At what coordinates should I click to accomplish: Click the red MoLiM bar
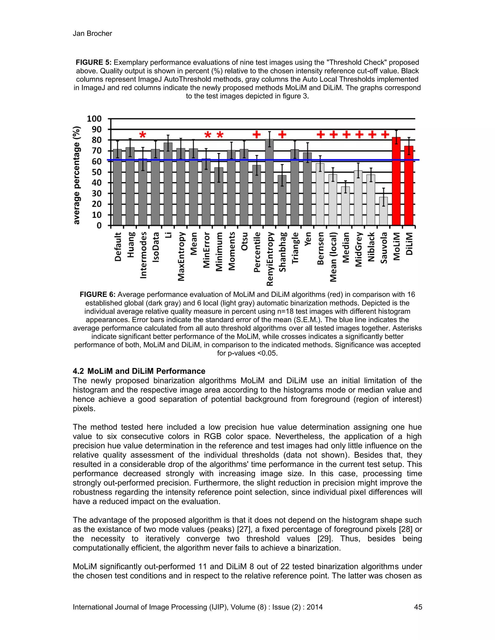click(x=396, y=182)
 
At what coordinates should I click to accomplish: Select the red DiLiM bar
click(x=409, y=186)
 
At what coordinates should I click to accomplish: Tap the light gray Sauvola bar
click(x=383, y=211)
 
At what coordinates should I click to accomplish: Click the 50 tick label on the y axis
click(x=96, y=172)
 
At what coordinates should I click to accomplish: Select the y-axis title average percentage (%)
click(x=77, y=175)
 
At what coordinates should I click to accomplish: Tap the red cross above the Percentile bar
click(x=257, y=135)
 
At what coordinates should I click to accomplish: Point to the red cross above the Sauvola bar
click(x=385, y=135)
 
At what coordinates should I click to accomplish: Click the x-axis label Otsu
click(x=244, y=242)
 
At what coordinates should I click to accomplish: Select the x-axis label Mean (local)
click(x=333, y=257)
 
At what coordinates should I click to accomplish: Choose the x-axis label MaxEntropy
click(x=181, y=256)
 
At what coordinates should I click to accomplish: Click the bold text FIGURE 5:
click(x=93, y=62)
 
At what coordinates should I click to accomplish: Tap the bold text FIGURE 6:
click(x=97, y=294)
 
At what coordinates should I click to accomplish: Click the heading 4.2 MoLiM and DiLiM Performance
click(x=139, y=371)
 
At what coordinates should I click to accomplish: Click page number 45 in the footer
click(x=418, y=607)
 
